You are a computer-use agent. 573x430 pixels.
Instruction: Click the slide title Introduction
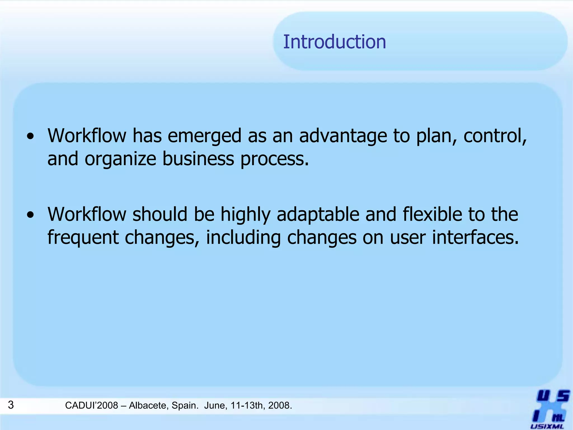point(334,42)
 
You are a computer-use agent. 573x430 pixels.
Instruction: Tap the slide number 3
point(11,405)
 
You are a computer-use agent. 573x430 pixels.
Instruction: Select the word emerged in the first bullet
point(204,136)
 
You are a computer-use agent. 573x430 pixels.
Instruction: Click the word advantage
point(343,136)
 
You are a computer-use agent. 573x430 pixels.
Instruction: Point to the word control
point(494,136)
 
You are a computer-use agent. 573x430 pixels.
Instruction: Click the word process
point(274,159)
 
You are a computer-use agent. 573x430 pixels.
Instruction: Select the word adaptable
point(318,215)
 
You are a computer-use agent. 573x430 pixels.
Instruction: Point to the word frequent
point(83,238)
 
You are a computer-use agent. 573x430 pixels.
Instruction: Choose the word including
point(243,238)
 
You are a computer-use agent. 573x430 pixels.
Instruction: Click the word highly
point(245,215)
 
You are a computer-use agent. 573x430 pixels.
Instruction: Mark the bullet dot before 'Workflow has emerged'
point(30,137)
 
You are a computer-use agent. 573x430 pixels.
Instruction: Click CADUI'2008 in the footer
point(91,405)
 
